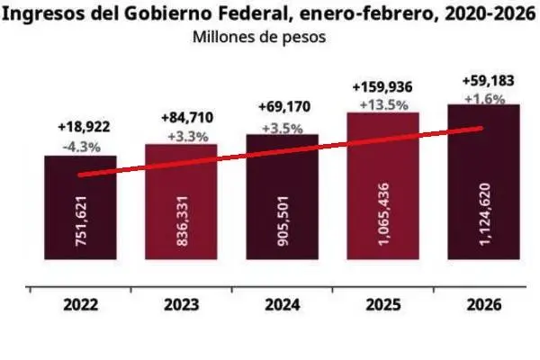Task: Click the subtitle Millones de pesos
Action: pos(257,38)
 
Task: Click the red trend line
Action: pos(281,151)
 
